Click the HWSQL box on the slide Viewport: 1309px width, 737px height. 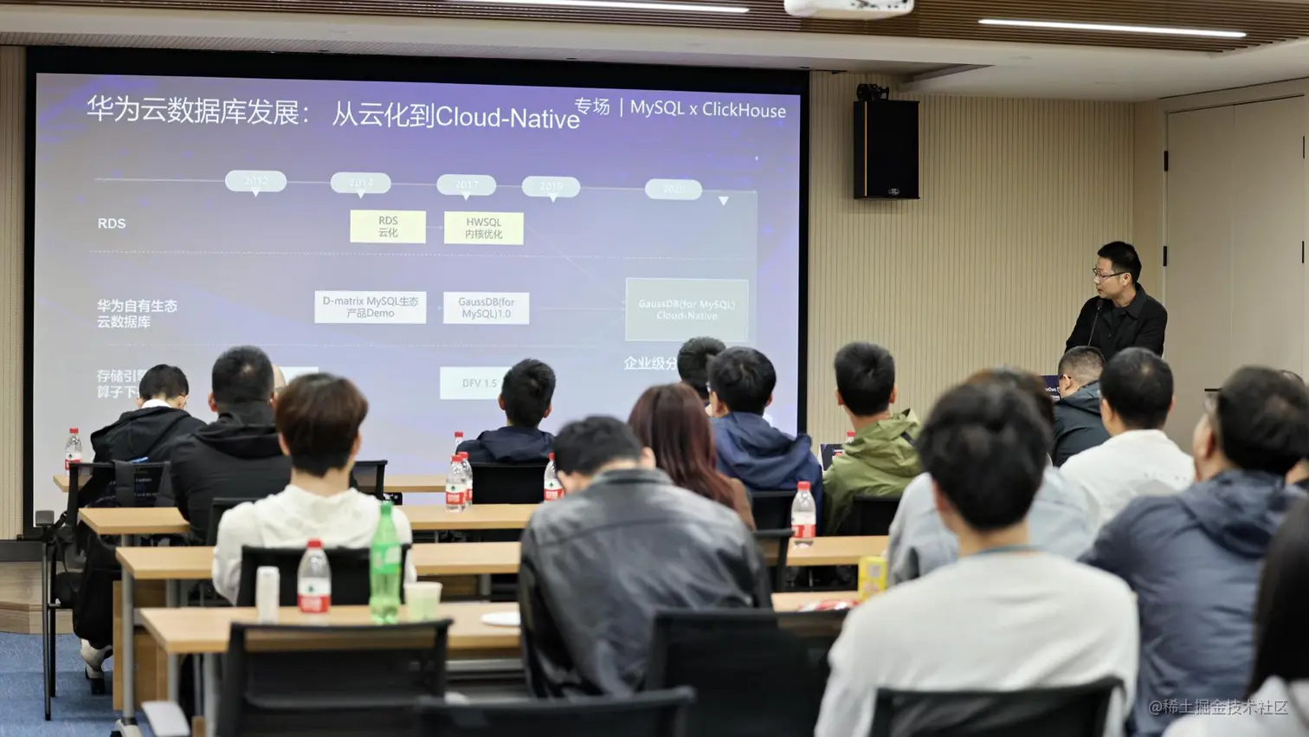coord(483,228)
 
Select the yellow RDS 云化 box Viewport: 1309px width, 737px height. coord(388,227)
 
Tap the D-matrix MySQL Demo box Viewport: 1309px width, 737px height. coord(370,307)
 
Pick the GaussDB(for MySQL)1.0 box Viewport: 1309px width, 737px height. coord(486,308)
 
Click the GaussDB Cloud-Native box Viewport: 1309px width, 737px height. coord(687,309)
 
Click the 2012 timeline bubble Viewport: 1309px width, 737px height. coord(255,181)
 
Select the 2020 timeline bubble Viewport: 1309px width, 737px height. coord(674,189)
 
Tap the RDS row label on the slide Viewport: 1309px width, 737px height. coord(112,223)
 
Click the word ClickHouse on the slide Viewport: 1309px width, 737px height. coord(744,110)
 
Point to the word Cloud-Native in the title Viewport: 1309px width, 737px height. coord(507,117)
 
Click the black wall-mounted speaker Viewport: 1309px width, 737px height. coord(886,149)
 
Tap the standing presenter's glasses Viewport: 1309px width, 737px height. coord(1107,274)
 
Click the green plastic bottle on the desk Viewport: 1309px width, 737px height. coord(385,562)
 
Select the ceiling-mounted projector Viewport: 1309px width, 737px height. coord(848,8)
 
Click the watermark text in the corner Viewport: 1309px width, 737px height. coord(1218,707)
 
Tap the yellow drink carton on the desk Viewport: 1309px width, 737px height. coord(871,577)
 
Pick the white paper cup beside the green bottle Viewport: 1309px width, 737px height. coord(422,600)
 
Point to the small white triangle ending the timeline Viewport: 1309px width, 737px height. coord(724,201)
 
